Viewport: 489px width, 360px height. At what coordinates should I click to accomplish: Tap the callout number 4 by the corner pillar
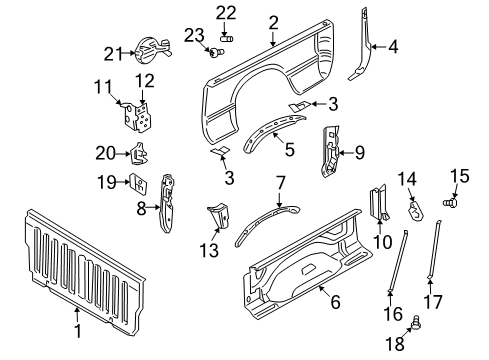[x=394, y=44]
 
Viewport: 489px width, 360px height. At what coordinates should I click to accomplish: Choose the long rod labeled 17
[x=436, y=260]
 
